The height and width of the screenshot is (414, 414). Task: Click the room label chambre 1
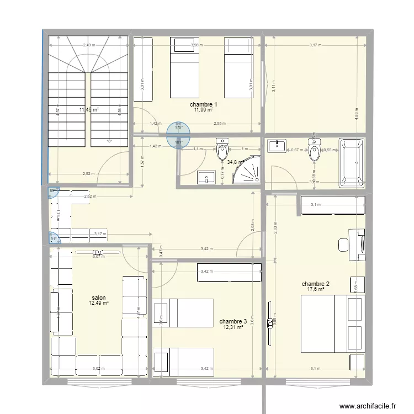click(x=203, y=104)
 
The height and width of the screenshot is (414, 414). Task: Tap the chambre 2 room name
click(x=312, y=283)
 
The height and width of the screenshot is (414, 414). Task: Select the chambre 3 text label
click(x=233, y=321)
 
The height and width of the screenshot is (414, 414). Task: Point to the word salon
click(x=99, y=297)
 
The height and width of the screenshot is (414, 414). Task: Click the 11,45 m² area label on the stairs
click(x=89, y=110)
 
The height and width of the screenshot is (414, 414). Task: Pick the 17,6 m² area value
click(x=312, y=289)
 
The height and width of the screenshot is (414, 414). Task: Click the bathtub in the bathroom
click(x=351, y=163)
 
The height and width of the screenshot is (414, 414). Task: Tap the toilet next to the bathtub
click(x=315, y=152)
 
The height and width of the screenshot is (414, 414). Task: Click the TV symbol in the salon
click(x=98, y=253)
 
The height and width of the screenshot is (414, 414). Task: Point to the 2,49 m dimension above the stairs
click(x=88, y=45)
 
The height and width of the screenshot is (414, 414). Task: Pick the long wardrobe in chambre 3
click(x=229, y=271)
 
